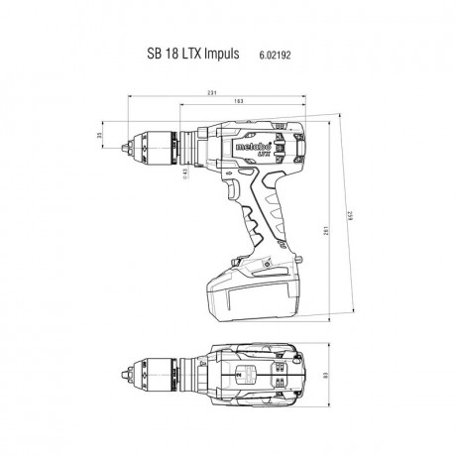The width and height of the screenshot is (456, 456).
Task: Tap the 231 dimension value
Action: pyautogui.click(x=212, y=92)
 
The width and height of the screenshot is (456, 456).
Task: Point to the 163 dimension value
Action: pyautogui.click(x=238, y=101)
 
